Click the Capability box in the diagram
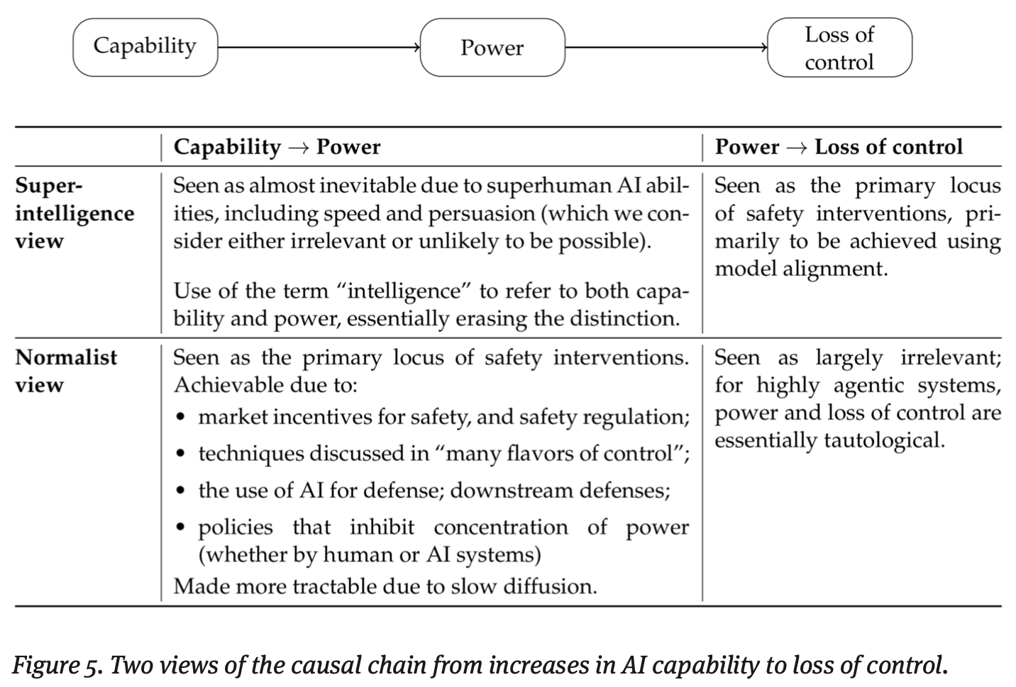pyautogui.click(x=145, y=47)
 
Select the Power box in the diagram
pyautogui.click(x=492, y=48)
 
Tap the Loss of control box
pyautogui.click(x=839, y=48)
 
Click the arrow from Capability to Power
pyautogui.click(x=319, y=48)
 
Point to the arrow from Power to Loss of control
pyautogui.click(x=666, y=48)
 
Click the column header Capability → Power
pyautogui.click(x=277, y=147)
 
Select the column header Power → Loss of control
pyautogui.click(x=839, y=147)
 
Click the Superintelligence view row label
pyautogui.click(x=74, y=213)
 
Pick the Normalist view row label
pyautogui.click(x=66, y=371)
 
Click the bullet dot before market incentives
pyautogui.click(x=182, y=418)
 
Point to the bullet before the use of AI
pyautogui.click(x=182, y=491)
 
